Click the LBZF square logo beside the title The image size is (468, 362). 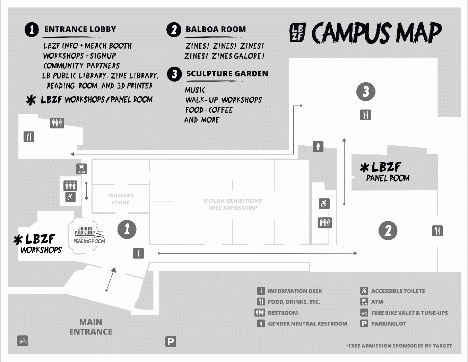(x=297, y=33)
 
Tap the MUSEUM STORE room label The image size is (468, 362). (x=121, y=199)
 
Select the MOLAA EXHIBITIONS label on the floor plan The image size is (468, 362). (x=233, y=204)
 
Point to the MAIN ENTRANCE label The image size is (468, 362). (x=91, y=327)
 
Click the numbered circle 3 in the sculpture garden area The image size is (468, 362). (x=366, y=92)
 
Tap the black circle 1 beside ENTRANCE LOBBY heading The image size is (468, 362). (x=32, y=30)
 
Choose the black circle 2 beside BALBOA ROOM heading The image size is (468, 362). (x=174, y=30)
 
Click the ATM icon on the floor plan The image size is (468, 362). (x=81, y=169)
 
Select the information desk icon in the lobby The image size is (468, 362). (x=138, y=253)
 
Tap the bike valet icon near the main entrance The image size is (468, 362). (x=23, y=341)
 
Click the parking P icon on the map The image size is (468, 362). (x=171, y=342)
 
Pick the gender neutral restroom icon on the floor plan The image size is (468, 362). (x=318, y=146)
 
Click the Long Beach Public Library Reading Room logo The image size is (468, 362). (x=89, y=235)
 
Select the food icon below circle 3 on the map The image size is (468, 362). (x=366, y=115)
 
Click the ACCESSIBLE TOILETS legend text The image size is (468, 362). (x=398, y=291)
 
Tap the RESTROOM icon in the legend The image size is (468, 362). (x=260, y=313)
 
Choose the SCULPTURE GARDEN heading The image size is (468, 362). (x=227, y=74)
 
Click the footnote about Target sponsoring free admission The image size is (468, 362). (x=399, y=346)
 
